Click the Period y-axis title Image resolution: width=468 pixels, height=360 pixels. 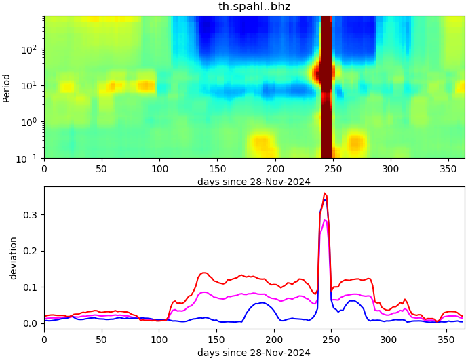click(7, 87)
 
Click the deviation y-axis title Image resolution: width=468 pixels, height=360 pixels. click(13, 258)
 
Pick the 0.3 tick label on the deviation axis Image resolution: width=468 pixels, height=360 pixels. click(31, 215)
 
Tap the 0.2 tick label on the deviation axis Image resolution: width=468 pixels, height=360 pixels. click(31, 251)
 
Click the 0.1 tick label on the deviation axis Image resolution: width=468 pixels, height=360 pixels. click(31, 287)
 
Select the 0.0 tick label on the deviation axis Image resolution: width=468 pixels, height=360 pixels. click(31, 323)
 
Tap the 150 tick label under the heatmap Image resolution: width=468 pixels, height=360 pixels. click(217, 168)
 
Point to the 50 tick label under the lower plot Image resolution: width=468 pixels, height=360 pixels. click(102, 338)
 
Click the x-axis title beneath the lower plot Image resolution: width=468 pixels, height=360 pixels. click(254, 353)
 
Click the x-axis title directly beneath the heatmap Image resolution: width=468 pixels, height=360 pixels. click(254, 182)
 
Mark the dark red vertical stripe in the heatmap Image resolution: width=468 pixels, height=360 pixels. click(326, 87)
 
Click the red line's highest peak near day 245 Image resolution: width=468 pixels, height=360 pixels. click(324, 193)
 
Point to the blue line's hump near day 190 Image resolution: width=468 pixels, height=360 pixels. click(262, 303)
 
